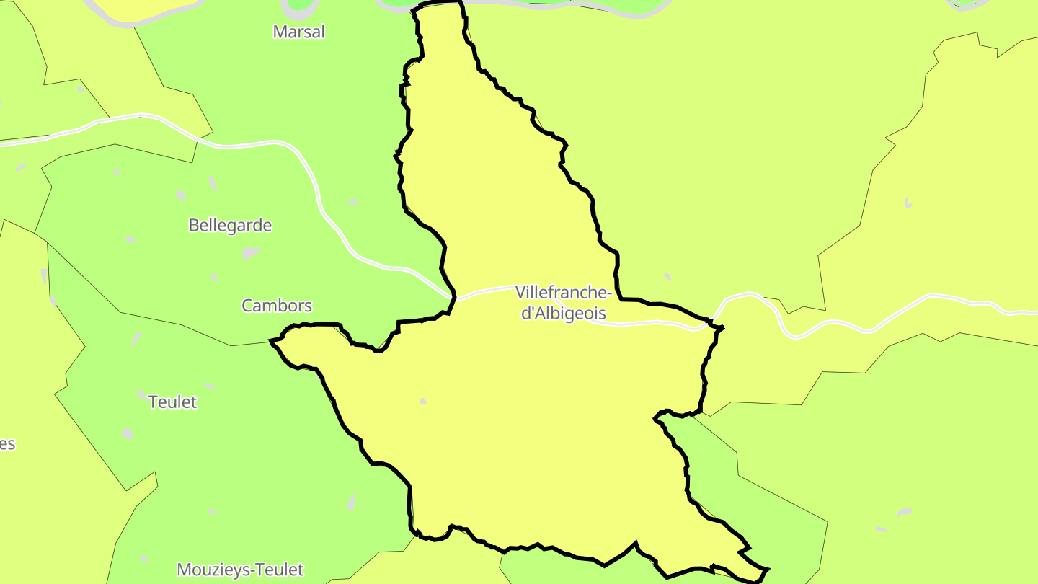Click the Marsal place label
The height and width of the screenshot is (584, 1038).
(x=299, y=32)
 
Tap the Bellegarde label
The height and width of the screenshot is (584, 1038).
(x=230, y=225)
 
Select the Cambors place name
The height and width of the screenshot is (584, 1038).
(x=277, y=306)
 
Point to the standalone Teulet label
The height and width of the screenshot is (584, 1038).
(x=172, y=402)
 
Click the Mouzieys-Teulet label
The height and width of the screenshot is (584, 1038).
(x=240, y=570)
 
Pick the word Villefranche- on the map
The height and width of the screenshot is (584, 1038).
(x=564, y=293)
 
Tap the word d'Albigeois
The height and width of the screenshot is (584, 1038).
(x=563, y=314)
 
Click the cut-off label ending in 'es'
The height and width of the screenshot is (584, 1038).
(x=7, y=444)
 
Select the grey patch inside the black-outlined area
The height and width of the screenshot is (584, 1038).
(x=423, y=402)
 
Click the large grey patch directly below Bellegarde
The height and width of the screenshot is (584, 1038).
(x=251, y=252)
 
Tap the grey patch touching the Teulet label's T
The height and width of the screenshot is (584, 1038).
(x=141, y=394)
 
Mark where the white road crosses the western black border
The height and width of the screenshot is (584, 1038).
(x=452, y=296)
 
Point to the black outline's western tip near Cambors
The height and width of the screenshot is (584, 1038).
(x=272, y=340)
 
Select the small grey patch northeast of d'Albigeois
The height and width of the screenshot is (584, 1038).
(x=668, y=276)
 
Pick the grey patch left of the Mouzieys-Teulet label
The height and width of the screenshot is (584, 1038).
(x=144, y=559)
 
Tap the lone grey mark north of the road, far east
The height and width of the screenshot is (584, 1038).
(x=908, y=203)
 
